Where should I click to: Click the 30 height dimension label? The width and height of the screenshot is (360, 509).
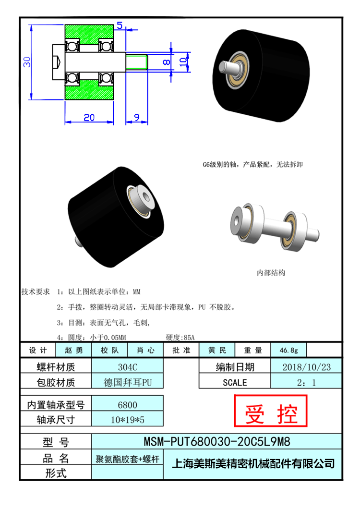click(x=27, y=61)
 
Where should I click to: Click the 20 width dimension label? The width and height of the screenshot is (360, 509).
click(x=89, y=117)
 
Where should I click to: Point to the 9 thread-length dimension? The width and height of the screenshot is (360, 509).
click(x=137, y=117)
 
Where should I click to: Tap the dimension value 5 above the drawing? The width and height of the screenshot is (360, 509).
click(x=120, y=25)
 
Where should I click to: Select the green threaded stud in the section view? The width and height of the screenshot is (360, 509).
click(x=137, y=61)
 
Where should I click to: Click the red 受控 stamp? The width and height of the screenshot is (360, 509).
click(x=271, y=411)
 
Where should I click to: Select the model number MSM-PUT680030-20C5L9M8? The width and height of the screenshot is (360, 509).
click(x=217, y=441)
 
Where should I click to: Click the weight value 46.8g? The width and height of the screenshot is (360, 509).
click(x=288, y=350)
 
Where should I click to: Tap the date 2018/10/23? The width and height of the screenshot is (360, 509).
click(x=306, y=367)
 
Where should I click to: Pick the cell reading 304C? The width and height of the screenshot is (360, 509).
click(x=128, y=367)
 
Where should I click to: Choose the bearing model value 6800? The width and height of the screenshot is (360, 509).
click(x=127, y=405)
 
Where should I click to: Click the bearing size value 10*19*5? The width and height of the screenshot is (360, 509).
click(x=127, y=420)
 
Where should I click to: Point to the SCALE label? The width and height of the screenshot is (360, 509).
click(x=235, y=383)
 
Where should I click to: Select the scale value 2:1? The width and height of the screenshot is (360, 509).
click(x=306, y=383)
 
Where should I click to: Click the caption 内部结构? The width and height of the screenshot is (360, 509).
click(x=271, y=273)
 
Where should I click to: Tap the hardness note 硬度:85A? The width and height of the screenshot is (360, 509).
click(x=180, y=338)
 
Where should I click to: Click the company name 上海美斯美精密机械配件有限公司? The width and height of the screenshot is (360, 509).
click(x=253, y=463)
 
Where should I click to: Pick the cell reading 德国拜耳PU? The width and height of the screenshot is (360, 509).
click(x=128, y=382)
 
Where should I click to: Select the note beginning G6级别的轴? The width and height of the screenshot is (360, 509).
click(x=252, y=165)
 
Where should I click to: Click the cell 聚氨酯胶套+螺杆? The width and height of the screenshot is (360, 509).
click(x=127, y=459)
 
